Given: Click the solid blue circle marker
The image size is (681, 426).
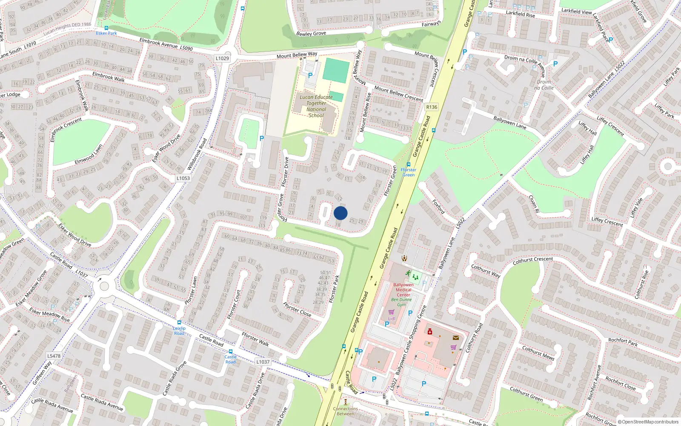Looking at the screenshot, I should (340, 213).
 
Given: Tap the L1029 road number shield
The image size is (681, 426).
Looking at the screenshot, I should (222, 58).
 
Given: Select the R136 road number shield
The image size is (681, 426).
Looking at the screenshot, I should (432, 107).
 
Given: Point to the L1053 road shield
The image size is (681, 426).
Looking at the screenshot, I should (183, 178).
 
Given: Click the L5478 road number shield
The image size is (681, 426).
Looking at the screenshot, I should (54, 356).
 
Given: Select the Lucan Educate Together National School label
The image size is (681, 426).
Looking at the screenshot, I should (316, 106).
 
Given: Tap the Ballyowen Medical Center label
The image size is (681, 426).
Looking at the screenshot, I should (403, 290).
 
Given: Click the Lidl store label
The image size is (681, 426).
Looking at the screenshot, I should (392, 318).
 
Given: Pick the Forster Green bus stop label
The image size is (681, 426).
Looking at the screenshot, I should (408, 172).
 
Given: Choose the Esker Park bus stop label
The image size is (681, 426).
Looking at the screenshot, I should (106, 33).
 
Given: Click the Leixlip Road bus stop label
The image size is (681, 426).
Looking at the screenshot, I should (179, 331).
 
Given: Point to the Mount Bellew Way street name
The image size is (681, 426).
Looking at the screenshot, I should (297, 55).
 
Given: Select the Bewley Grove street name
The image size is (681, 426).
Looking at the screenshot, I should (311, 33).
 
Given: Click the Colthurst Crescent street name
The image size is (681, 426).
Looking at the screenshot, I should (532, 260).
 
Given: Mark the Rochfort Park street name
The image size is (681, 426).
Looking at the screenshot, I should (623, 342).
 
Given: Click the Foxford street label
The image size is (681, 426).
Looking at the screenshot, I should (438, 207).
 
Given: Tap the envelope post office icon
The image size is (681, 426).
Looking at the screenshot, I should (456, 338).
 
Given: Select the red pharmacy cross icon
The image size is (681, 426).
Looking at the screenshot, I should (430, 331).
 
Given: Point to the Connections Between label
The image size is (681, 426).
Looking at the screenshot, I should (345, 411).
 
